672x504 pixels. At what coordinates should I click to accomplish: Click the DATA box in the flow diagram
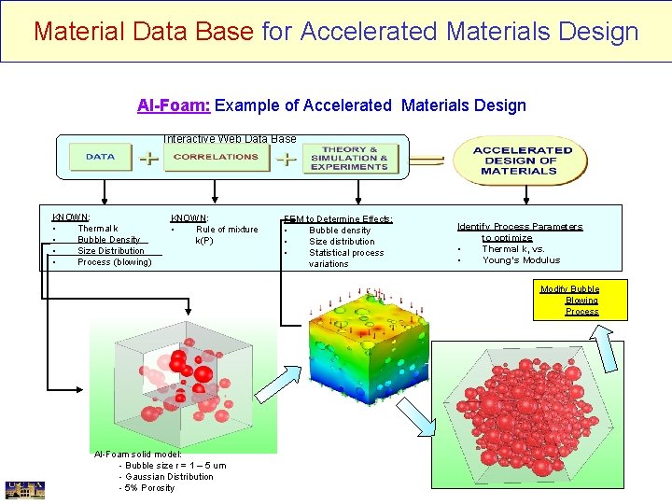point(100,157)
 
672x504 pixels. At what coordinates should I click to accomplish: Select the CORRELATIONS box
point(216,157)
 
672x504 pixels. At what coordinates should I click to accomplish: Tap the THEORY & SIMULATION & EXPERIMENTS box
point(349,157)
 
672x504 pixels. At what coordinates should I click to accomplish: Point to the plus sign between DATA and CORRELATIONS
point(147,159)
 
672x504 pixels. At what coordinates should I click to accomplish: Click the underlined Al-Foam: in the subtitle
point(174,105)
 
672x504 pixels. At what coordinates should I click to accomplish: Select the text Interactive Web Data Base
point(230,139)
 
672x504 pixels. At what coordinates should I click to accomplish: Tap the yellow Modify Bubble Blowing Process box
point(570,301)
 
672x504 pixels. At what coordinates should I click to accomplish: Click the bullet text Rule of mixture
point(227,230)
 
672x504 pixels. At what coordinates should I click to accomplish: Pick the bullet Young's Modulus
point(521,260)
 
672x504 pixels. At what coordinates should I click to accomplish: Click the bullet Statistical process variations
point(346,258)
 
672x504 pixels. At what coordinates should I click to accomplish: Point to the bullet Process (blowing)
point(114,262)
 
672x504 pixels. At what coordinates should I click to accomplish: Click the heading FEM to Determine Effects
point(339,219)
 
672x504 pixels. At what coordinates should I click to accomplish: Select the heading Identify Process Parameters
point(519,227)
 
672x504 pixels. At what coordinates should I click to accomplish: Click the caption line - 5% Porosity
point(147,488)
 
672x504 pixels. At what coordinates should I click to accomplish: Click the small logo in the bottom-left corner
point(24,490)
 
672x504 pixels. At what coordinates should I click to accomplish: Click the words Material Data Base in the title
point(144,32)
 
